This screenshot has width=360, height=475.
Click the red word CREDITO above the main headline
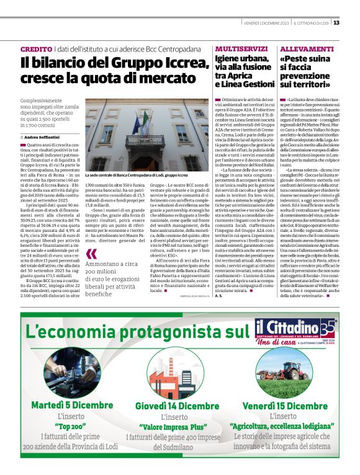click(x=36, y=48)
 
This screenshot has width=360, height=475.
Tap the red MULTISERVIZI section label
click(x=240, y=48)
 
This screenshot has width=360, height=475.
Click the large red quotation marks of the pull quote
click(x=92, y=254)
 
